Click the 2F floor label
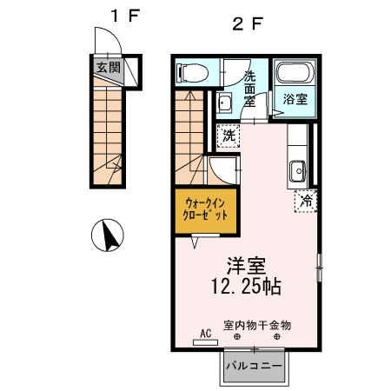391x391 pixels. [246, 23]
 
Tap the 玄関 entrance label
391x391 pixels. [108, 69]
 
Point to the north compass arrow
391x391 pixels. [109, 234]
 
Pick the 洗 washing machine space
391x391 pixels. [228, 136]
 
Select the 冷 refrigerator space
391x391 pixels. [306, 200]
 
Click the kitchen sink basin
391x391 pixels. [295, 169]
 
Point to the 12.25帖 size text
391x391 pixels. [244, 285]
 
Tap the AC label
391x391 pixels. [206, 333]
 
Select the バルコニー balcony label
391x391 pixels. [254, 366]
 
